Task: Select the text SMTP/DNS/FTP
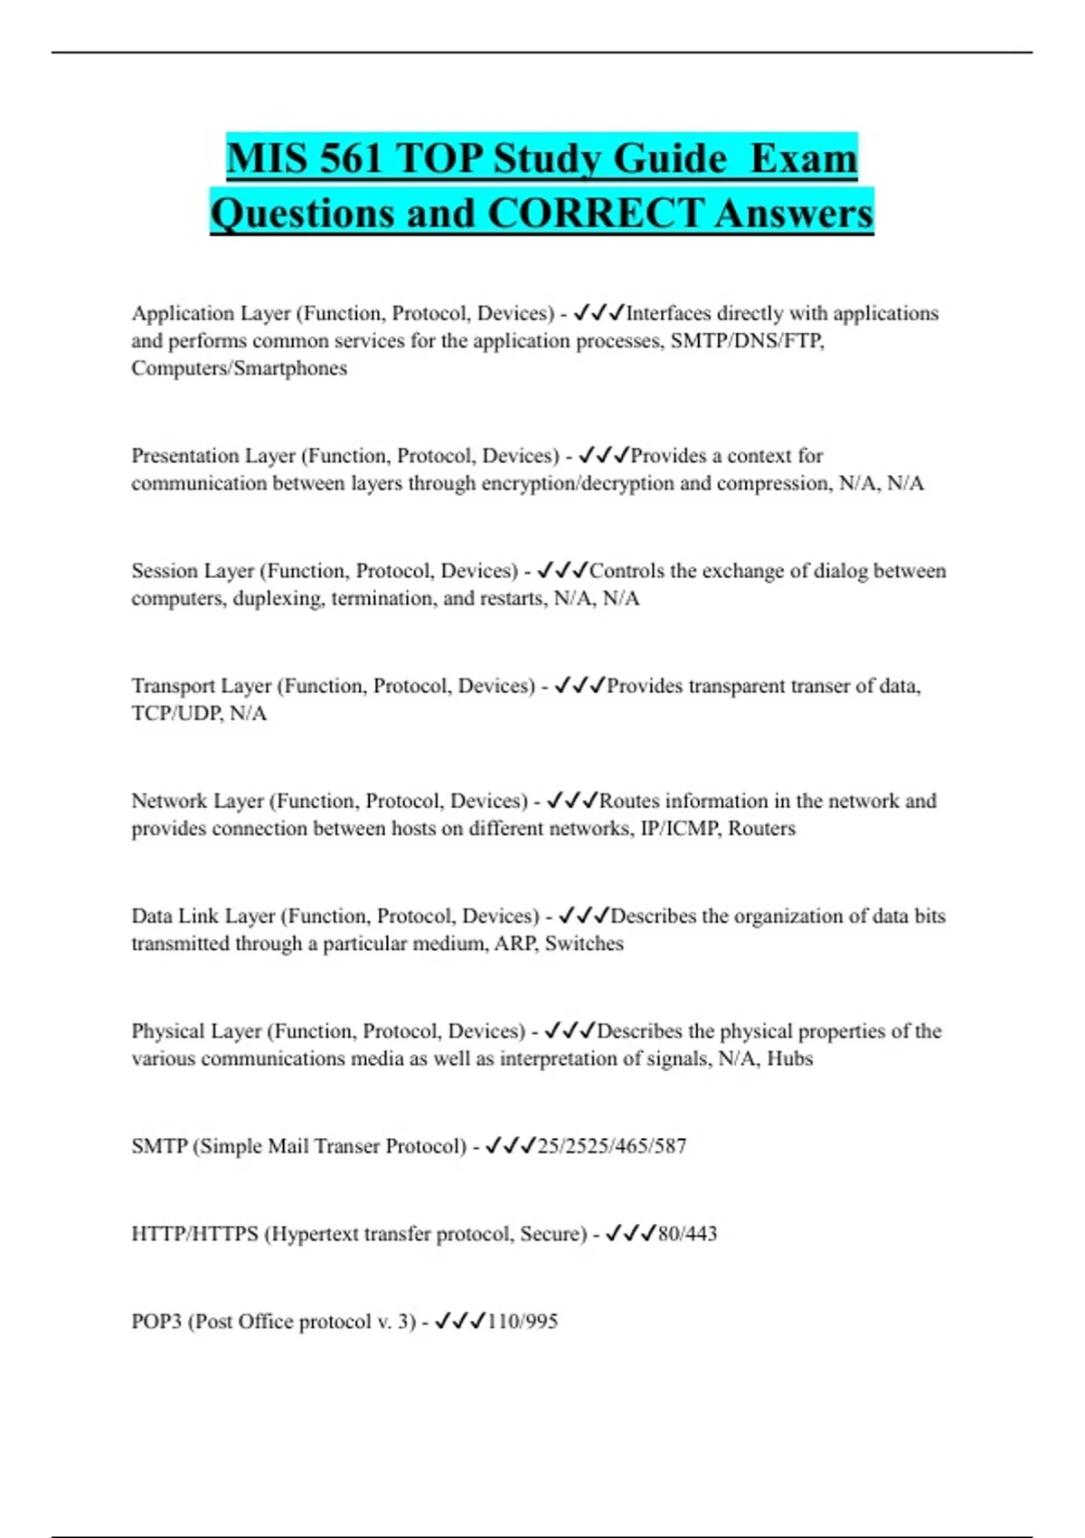coord(747,341)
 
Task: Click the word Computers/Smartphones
coord(239,368)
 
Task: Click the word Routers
coord(761,829)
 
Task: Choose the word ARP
coord(514,944)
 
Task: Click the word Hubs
coord(789,1059)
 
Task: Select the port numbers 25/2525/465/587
coord(612,1146)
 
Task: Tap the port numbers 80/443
coord(687,1234)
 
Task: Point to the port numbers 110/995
coord(522,1322)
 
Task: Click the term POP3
coord(156,1322)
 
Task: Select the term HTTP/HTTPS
coord(194,1234)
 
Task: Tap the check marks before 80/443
coord(629,1233)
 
